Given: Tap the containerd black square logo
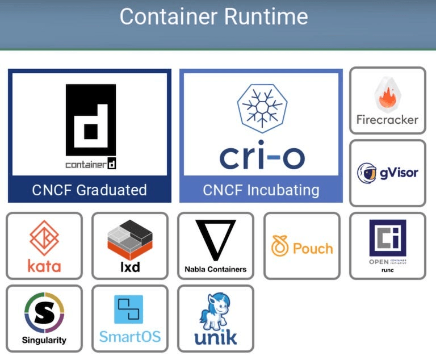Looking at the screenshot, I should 90,120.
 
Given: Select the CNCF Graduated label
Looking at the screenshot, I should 89,190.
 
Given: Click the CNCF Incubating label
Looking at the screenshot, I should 261,190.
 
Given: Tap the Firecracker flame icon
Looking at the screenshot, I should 388,95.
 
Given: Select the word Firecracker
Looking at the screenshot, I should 387,120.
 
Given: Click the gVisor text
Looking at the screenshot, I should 399,172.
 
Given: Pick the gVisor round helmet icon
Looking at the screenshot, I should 367,173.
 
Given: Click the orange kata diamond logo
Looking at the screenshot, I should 44,237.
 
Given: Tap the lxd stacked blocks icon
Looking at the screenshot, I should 130,238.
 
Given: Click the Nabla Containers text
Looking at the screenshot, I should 216,269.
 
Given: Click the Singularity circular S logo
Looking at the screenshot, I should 44,313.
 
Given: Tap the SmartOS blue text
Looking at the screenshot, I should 130,337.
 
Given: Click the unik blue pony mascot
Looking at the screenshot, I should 216,312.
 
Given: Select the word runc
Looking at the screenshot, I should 387,270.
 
